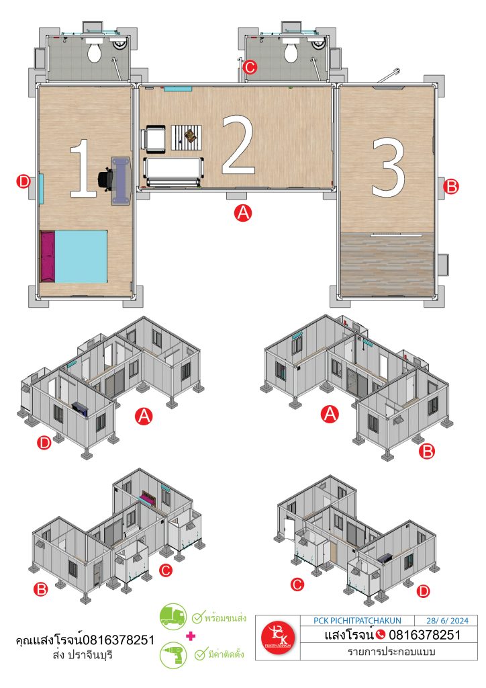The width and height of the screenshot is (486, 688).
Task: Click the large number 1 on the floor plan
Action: click(84, 168)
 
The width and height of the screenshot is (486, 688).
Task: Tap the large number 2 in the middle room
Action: click(238, 145)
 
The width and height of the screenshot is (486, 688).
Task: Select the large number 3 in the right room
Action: click(388, 167)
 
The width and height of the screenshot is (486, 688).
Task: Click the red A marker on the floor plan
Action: click(243, 213)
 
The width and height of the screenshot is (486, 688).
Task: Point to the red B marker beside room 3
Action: click(450, 187)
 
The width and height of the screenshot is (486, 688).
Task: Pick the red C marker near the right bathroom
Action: click(249, 68)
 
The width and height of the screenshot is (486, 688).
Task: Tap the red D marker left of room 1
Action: click(23, 181)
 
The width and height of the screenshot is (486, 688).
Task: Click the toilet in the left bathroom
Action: click(94, 50)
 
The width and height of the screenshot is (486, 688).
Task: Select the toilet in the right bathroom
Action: click(291, 50)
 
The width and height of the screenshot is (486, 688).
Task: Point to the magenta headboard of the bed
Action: click(48, 257)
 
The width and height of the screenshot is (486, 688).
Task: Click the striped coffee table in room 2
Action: click(187, 137)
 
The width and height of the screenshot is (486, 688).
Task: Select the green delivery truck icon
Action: click(173, 617)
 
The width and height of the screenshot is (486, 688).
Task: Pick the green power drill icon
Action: click(173, 655)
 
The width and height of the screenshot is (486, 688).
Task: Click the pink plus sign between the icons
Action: click(191, 636)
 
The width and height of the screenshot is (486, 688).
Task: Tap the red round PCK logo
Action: click(279, 638)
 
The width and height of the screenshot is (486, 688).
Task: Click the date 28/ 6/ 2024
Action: click(447, 621)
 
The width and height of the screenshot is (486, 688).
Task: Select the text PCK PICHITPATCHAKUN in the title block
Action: click(357, 621)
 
